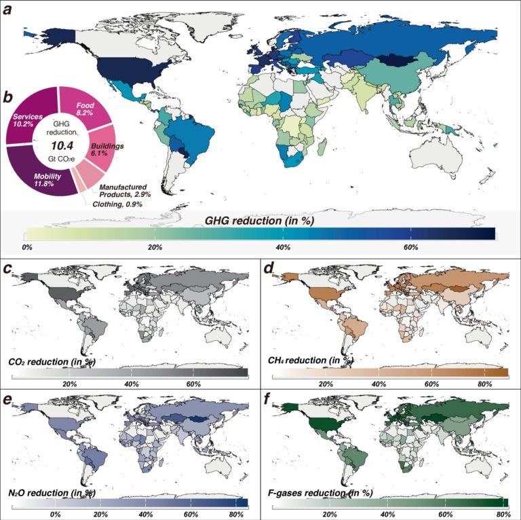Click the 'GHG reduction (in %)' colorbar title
click(260, 219)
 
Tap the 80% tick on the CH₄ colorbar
click(484, 384)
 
